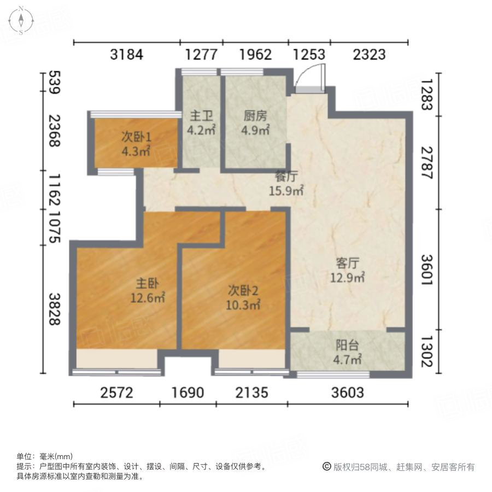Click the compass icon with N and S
[x=21, y=20]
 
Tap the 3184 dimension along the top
[x=126, y=55]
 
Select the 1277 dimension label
[x=201, y=55]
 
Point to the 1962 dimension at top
[x=255, y=55]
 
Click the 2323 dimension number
[x=369, y=55]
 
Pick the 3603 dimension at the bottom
[x=347, y=393]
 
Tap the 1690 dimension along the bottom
[x=188, y=393]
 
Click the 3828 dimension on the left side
[x=54, y=309]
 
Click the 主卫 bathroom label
[x=197, y=116]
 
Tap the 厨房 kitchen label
[x=255, y=116]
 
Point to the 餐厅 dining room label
[x=285, y=177]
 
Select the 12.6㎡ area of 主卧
[x=148, y=298]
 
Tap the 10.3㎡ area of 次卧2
[x=243, y=305]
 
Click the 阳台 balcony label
[x=347, y=345]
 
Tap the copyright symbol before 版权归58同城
[x=327, y=467]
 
